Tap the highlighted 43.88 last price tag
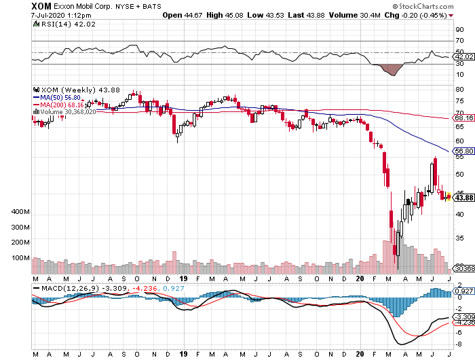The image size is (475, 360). [463, 198]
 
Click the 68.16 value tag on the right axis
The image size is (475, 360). [463, 118]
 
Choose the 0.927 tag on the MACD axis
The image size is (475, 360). [463, 291]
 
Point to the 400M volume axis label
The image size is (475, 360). [20, 213]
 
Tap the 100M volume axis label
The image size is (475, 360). [20, 258]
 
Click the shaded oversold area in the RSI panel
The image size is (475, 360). [392, 69]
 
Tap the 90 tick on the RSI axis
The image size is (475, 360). [459, 30]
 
